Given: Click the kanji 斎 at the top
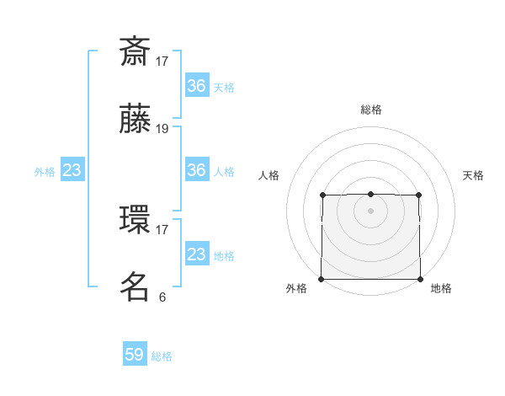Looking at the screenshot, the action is (x=135, y=52).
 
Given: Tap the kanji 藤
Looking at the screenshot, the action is (x=135, y=120).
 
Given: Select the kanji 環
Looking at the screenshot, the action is (x=135, y=219).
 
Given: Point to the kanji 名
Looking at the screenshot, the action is (x=135, y=286).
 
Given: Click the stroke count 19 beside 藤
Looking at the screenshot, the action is (x=162, y=129).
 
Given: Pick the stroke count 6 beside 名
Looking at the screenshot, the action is (x=162, y=297).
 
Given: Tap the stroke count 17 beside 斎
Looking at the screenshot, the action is (x=162, y=61).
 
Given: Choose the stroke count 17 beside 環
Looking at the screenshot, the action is (x=162, y=228).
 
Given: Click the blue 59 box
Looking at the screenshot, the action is (x=135, y=355).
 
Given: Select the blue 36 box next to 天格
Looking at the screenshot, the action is (x=197, y=86).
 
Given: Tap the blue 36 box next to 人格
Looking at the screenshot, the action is (x=197, y=170).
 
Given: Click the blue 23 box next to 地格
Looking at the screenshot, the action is (x=197, y=254).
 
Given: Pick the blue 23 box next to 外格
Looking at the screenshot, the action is (x=72, y=170).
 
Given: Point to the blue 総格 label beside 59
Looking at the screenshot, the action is (x=162, y=356).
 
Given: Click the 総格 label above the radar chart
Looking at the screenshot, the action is (x=370, y=110).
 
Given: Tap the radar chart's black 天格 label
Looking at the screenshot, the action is (x=473, y=175).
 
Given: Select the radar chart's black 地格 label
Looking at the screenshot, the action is (x=441, y=288).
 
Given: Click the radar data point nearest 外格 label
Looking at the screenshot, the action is (x=322, y=279).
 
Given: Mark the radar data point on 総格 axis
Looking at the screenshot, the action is (x=370, y=195).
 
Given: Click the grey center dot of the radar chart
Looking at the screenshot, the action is (x=370, y=211).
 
